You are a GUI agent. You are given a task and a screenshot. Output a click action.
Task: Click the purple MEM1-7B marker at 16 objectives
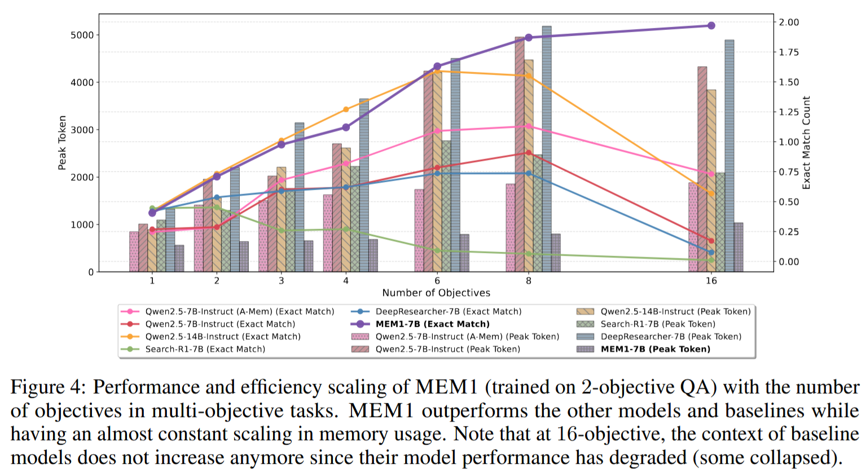click(711, 25)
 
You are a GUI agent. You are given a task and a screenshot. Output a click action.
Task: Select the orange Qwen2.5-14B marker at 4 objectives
click(346, 109)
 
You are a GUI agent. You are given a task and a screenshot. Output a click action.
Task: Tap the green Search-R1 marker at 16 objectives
click(711, 260)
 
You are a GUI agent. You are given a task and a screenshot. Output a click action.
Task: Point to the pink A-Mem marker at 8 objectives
click(529, 126)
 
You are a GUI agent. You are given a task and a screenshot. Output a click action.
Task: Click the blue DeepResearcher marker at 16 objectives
click(711, 252)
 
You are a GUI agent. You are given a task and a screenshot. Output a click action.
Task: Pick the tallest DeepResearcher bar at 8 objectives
click(547, 149)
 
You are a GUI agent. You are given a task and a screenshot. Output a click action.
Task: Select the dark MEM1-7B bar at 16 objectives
click(738, 247)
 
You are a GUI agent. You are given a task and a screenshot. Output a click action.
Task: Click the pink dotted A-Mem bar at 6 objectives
click(419, 230)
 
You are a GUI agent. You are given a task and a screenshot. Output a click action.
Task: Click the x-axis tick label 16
click(711, 280)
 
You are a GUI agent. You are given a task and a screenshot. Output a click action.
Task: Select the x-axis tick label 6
click(437, 280)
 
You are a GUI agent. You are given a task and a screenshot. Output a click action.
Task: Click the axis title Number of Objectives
click(436, 293)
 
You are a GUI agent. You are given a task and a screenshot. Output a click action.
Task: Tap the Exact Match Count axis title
click(806, 143)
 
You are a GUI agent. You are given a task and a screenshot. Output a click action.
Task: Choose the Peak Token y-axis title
click(62, 143)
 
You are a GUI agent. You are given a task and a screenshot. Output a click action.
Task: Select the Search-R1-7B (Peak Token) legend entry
click(646, 324)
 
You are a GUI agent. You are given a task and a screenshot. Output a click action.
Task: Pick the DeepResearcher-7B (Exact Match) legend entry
click(437, 311)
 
